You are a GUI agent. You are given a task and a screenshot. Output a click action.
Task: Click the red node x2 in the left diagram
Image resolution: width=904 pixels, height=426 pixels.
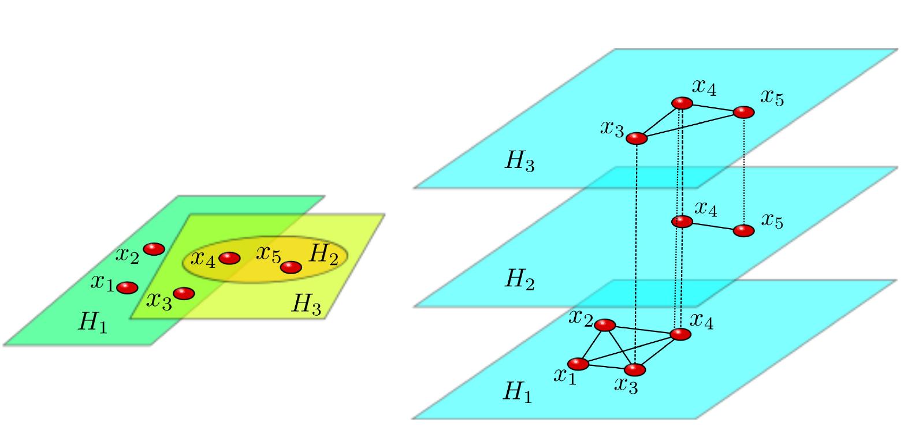[154, 249]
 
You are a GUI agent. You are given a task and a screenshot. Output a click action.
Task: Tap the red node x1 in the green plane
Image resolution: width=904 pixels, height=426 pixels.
[127, 287]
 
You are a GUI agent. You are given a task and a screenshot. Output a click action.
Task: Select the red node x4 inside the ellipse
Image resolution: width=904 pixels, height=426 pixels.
[229, 258]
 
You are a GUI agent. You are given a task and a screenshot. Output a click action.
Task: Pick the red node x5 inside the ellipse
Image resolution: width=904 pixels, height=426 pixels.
[291, 267]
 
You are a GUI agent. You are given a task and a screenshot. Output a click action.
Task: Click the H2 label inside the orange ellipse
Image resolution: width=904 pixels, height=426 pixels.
[323, 255]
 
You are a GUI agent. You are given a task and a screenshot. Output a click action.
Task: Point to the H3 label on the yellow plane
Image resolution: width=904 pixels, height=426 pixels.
[306, 304]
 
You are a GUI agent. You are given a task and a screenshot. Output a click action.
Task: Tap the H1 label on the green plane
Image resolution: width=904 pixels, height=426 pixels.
[93, 323]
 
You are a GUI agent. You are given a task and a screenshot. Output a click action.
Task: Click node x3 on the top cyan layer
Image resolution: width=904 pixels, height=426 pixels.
[637, 139]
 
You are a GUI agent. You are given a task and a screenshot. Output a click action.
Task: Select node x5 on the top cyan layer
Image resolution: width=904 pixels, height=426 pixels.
[743, 112]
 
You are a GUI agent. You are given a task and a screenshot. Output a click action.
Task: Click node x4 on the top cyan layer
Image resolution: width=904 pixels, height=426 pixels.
[682, 103]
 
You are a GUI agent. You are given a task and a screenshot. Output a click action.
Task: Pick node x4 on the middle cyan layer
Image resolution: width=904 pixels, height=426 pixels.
[682, 221]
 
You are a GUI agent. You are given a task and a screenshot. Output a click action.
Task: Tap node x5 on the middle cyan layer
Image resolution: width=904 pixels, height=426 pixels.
[743, 230]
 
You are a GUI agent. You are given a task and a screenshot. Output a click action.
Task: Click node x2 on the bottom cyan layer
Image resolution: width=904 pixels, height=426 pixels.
[605, 325]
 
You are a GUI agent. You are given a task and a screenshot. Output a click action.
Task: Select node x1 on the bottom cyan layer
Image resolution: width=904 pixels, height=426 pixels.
[578, 364]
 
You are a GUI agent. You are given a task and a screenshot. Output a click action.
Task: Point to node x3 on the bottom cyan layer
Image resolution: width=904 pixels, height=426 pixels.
[635, 369]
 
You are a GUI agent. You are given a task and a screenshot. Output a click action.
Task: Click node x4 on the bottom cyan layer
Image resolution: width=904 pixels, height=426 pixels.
[680, 334]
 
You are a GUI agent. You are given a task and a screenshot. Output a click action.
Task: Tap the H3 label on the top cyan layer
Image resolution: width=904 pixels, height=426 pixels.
[520, 162]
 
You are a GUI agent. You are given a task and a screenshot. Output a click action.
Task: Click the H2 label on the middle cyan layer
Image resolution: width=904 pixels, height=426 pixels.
[520, 279]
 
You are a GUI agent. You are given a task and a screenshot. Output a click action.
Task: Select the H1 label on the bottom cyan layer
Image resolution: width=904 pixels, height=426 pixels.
[518, 393]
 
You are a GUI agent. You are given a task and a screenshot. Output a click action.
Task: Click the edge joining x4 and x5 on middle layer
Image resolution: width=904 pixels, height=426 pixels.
[713, 226]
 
